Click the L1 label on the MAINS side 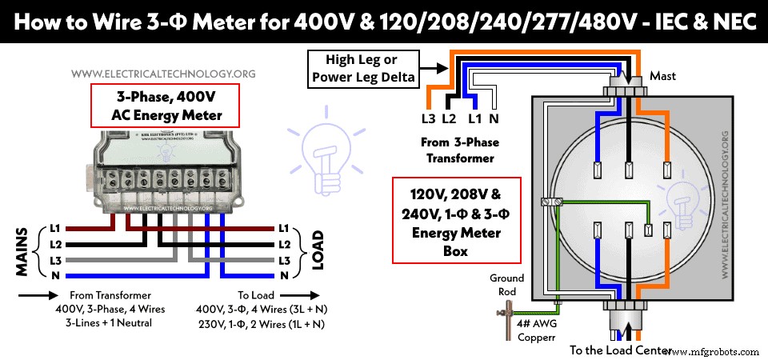pyautogui.click(x=54, y=228)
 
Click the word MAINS pyautogui.click(x=22, y=252)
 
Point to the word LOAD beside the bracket pyautogui.click(x=318, y=252)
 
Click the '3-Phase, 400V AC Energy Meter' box pyautogui.click(x=165, y=106)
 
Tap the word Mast pyautogui.click(x=663, y=76)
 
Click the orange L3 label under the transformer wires pyautogui.click(x=430, y=118)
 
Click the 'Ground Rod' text pyautogui.click(x=507, y=285)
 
